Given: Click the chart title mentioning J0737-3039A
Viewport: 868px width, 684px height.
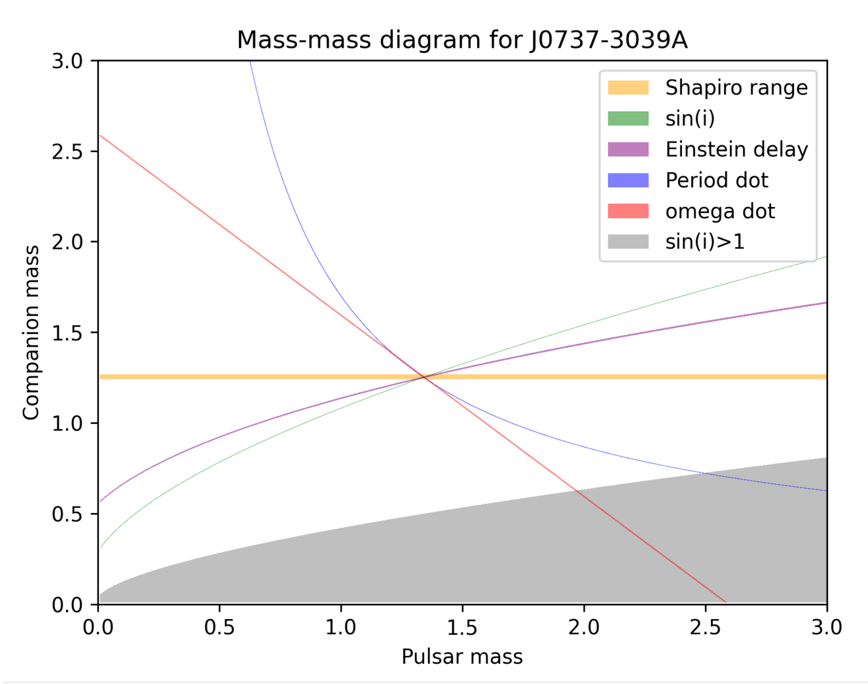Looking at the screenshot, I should [x=461, y=40].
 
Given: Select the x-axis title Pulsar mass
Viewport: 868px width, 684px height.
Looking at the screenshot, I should [x=461, y=656].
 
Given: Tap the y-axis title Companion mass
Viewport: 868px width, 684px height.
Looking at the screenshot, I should [x=31, y=332].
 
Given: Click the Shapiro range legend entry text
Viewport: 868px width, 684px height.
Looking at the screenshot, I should [x=736, y=88].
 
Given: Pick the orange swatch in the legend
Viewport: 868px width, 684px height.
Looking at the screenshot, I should [x=628, y=88].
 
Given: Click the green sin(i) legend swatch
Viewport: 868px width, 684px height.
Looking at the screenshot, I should [x=628, y=119].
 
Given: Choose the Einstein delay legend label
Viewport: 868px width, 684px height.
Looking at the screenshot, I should [x=736, y=149].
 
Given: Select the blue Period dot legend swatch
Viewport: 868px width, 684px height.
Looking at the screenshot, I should [x=628, y=180].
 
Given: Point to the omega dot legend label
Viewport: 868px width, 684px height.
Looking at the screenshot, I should [x=719, y=211].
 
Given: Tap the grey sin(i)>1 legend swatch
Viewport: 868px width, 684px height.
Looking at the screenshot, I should [x=628, y=242].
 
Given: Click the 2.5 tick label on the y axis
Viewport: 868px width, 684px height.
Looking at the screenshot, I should [x=67, y=151].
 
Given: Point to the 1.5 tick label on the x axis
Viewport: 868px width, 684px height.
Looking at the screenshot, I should [x=462, y=628].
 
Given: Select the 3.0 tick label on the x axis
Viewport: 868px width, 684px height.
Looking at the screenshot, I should [x=826, y=628].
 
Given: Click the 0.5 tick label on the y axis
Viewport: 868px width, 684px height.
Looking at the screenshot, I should [x=67, y=514].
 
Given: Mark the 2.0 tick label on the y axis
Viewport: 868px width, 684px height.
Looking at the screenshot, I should [x=67, y=242].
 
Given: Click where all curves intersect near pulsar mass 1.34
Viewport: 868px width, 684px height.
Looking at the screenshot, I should [x=424, y=377].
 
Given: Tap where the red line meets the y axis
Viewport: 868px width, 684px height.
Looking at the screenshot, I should [x=99, y=135].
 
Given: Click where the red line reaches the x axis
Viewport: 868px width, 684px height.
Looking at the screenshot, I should [x=725, y=602].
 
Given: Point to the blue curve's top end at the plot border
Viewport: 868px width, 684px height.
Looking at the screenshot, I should [x=249, y=62].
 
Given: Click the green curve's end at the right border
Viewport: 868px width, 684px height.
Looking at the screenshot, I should [x=826, y=257].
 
